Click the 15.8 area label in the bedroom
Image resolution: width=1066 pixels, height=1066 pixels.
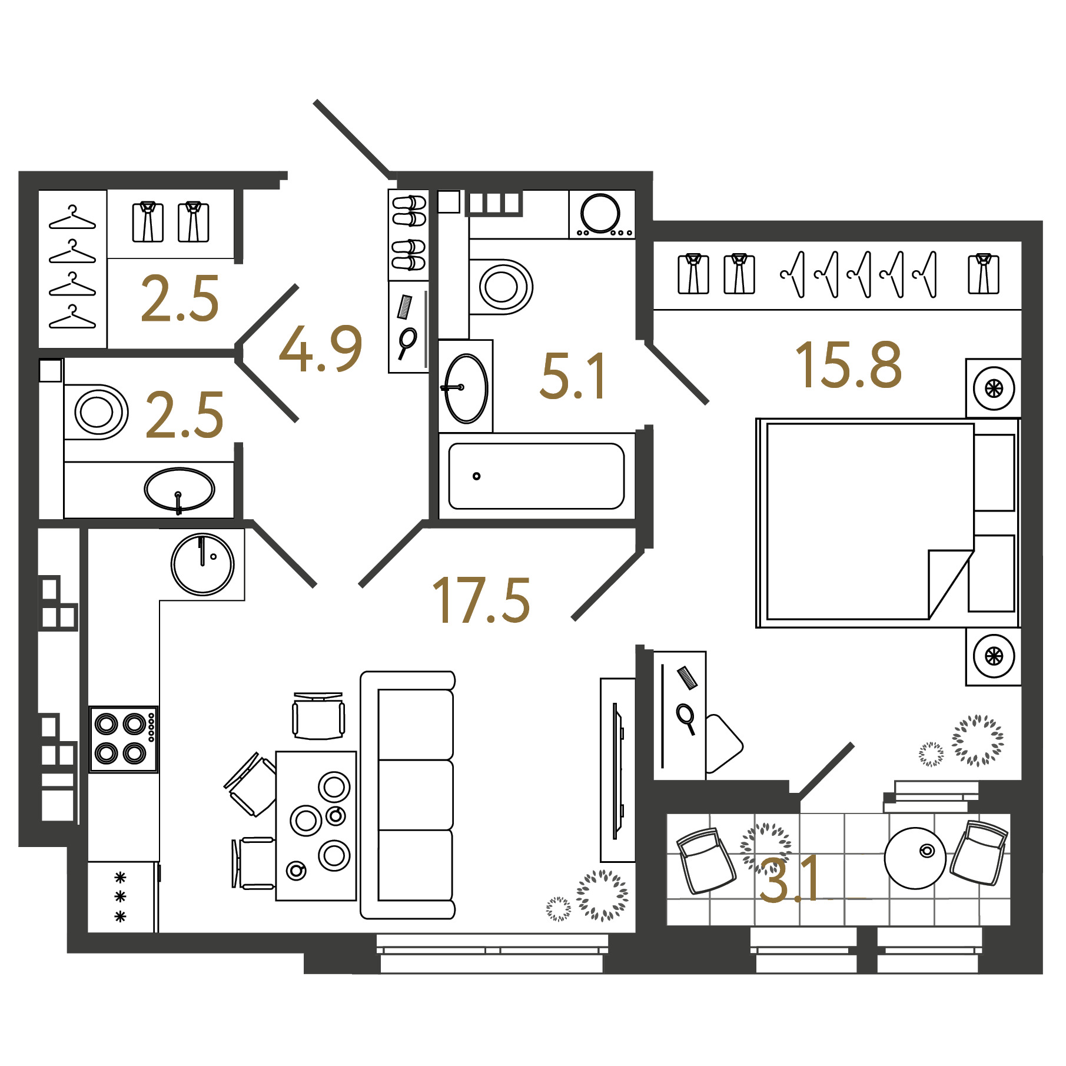click(848, 366)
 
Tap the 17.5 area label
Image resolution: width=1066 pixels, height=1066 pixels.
click(481, 600)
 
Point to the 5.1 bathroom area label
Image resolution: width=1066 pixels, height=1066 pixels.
click(572, 376)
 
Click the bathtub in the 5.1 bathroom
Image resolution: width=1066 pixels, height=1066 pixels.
click(536, 476)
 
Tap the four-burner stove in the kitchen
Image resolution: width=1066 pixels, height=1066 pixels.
click(124, 739)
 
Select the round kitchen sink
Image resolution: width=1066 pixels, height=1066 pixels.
click(202, 564)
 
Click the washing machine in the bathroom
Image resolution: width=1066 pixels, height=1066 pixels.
click(602, 214)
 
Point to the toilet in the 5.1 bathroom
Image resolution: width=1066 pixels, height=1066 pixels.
click(500, 287)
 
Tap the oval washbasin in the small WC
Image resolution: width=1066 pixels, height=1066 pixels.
click(179, 489)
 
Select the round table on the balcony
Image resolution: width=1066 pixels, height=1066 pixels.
click(915, 858)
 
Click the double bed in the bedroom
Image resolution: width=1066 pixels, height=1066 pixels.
click(887, 523)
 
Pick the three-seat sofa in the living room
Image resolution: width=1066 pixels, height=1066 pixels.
click(408, 795)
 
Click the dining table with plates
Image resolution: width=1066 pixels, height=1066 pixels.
click(316, 825)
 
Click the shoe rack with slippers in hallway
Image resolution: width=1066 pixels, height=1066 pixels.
click(408, 235)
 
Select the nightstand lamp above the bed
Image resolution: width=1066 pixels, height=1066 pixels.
click(994, 388)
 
